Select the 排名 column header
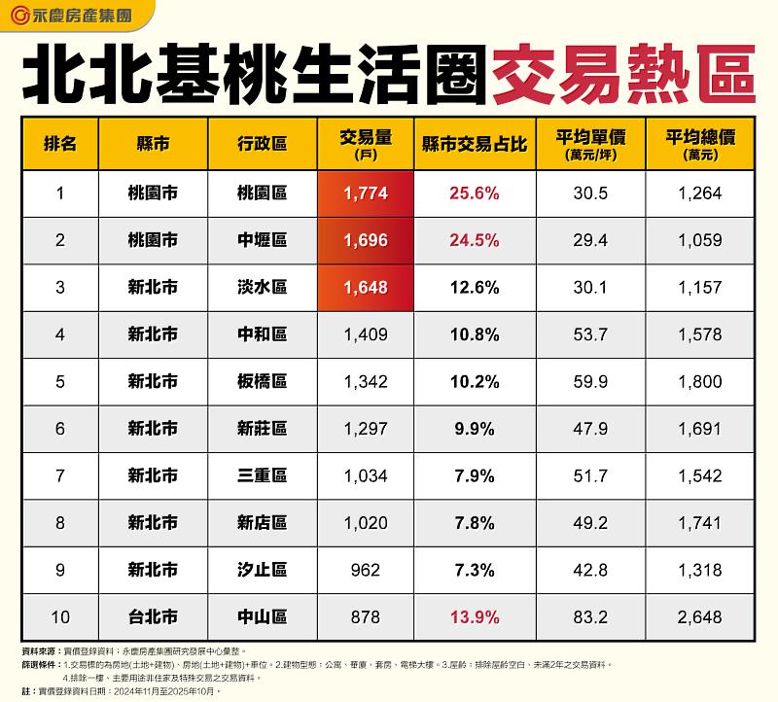(60, 144)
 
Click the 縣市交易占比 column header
(475, 144)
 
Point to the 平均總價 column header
(700, 144)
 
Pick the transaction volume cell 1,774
(366, 193)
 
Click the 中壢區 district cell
(263, 240)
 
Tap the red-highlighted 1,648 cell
(366, 288)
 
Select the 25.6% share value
(475, 193)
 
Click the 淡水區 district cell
(263, 288)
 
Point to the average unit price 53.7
(591, 334)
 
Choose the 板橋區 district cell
(263, 381)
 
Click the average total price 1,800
(700, 381)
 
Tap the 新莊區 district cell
(263, 429)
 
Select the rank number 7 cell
(60, 475)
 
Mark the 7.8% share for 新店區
(475, 523)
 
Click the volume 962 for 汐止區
(366, 570)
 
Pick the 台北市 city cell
(153, 616)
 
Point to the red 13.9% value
(475, 616)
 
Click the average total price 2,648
(700, 616)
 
